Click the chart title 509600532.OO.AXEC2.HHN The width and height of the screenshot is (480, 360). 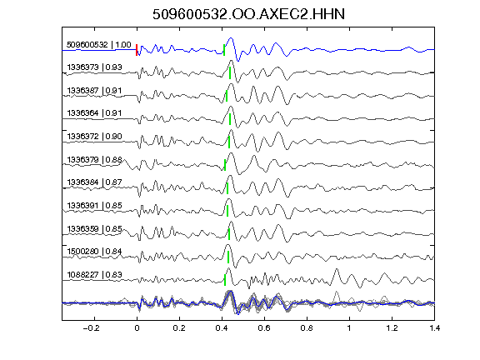[x=248, y=14]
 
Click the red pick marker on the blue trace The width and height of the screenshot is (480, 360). [x=137, y=50]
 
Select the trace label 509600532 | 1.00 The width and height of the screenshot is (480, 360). [x=99, y=45]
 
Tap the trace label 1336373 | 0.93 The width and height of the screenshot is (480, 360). [x=95, y=67]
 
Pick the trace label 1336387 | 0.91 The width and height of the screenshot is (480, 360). [x=95, y=91]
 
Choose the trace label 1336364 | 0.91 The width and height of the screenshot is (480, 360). [x=95, y=113]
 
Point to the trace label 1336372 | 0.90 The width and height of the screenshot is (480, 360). [x=95, y=136]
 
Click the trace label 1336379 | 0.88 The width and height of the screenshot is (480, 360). [x=95, y=159]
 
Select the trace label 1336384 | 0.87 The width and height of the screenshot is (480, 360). [x=95, y=182]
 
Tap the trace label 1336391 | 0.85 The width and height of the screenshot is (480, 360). [x=95, y=205]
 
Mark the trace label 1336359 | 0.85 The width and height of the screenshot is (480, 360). [x=95, y=228]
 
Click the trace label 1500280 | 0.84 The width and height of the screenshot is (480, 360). [x=95, y=252]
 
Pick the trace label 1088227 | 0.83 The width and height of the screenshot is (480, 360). [x=95, y=275]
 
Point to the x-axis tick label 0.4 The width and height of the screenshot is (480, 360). [x=222, y=328]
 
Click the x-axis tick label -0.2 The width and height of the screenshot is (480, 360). [x=91, y=328]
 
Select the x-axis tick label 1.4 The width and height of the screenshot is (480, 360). [x=435, y=328]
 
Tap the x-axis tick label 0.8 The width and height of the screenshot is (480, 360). [x=307, y=328]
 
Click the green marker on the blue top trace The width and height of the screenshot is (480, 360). [x=224, y=50]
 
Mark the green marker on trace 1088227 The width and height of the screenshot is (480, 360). [x=225, y=280]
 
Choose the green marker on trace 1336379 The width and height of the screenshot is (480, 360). [x=225, y=165]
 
